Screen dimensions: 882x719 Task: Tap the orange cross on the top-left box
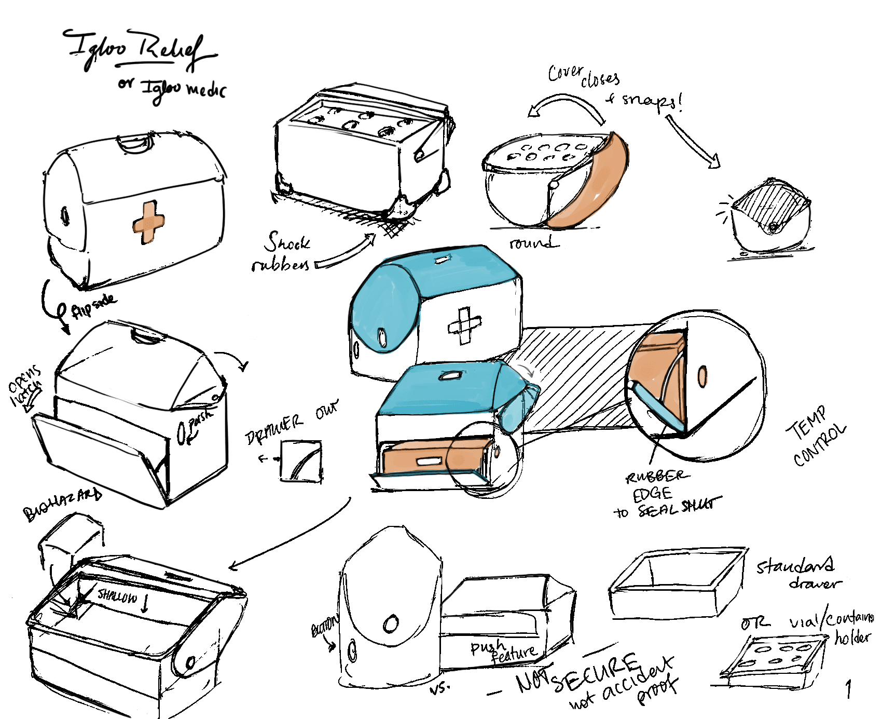click(148, 222)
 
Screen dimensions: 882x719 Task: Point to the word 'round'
click(532, 242)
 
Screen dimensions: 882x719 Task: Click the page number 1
click(848, 689)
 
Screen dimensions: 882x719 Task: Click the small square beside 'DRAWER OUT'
click(301, 461)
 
